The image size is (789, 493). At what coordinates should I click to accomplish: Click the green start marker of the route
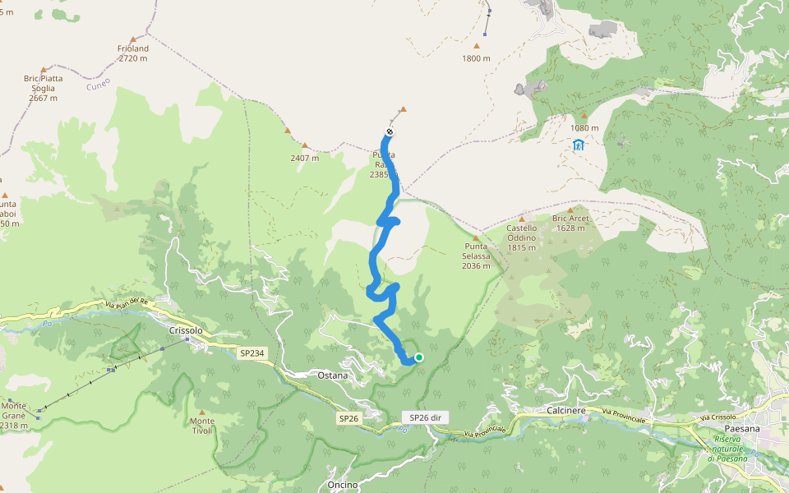(419, 357)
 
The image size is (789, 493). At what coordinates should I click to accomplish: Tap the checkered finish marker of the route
(389, 132)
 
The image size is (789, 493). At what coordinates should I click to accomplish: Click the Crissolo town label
(185, 330)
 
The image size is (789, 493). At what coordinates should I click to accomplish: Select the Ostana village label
(333, 376)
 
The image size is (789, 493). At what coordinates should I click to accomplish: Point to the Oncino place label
(343, 485)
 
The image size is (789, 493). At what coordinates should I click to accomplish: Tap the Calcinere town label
(565, 409)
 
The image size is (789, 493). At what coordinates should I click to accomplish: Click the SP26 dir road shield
(425, 417)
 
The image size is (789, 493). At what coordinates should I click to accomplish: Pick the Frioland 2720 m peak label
(133, 54)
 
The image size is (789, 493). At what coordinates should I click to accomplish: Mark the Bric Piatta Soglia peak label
(43, 88)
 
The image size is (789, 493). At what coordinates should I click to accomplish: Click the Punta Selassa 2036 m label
(476, 256)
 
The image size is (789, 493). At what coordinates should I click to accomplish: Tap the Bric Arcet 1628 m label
(570, 223)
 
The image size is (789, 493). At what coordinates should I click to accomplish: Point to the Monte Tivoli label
(201, 426)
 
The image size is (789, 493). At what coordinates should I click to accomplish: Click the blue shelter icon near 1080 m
(578, 145)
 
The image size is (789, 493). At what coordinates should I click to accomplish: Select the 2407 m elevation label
(304, 159)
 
